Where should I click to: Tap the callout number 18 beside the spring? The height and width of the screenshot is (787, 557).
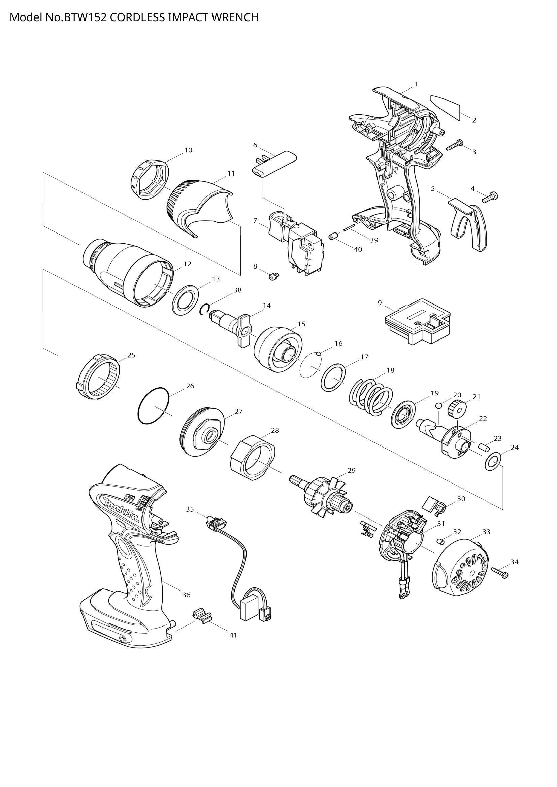pyautogui.click(x=390, y=370)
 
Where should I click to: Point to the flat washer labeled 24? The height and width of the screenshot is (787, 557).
pyautogui.click(x=492, y=461)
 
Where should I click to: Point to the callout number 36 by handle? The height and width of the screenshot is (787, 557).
pyautogui.click(x=186, y=595)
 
